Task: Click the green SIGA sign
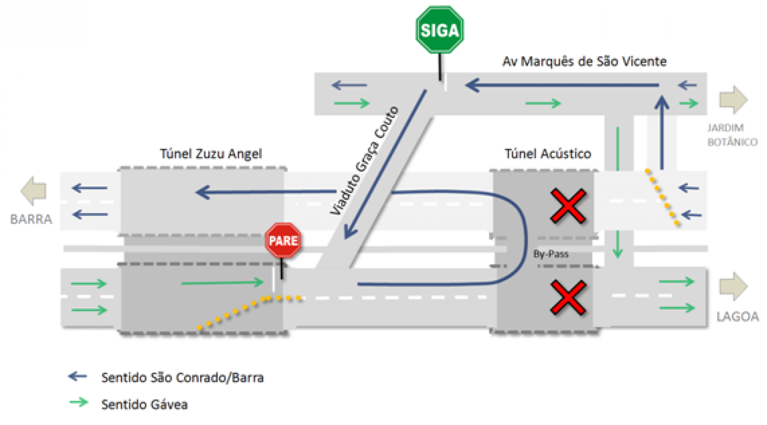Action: coord(439,30)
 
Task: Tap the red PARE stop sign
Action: coord(283,240)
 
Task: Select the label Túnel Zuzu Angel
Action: coord(211,154)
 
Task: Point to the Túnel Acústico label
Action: coord(548,154)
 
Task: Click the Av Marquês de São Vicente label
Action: coord(584,61)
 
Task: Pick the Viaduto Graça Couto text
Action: coord(364,160)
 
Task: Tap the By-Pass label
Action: coord(550,254)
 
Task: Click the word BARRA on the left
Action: coord(31,219)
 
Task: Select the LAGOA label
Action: coord(737,317)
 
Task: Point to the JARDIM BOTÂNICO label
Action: coord(732,135)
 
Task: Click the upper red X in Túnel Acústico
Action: coord(568,206)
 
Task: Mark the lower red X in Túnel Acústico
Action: coord(568,297)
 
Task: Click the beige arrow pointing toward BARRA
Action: coord(34,191)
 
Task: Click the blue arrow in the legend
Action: coord(77,376)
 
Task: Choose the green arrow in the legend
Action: coord(79,402)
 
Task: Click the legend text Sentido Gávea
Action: coord(144,404)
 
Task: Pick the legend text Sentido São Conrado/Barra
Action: coord(182,378)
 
